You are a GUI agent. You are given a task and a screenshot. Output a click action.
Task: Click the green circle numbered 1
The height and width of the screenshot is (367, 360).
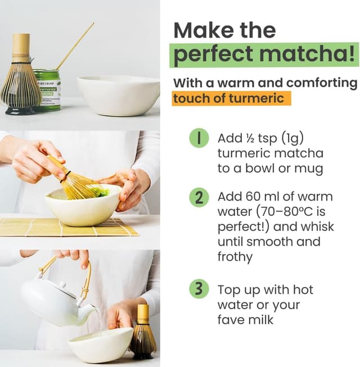point(199,138)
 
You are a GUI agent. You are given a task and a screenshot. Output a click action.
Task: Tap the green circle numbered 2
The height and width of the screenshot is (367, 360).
point(199,197)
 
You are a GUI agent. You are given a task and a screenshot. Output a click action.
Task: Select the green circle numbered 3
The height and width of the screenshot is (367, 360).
point(199,288)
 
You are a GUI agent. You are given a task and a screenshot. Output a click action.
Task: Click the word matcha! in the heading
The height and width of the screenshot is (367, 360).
point(307,55)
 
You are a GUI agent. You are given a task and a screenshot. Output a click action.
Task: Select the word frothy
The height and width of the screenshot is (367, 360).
point(235,257)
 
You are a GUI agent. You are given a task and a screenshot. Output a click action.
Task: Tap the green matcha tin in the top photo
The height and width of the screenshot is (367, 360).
point(48,90)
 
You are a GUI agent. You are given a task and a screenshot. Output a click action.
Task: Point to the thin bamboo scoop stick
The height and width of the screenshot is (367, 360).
point(75,46)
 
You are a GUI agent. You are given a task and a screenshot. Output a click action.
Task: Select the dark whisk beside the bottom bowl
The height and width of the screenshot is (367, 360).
point(143,333)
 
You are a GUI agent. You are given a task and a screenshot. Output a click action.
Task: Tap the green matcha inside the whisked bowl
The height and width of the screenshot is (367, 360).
point(103,192)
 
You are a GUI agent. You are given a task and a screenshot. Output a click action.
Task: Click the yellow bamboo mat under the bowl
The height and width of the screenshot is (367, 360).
point(68,227)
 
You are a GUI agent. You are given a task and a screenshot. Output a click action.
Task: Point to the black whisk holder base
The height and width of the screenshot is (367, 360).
point(21,111)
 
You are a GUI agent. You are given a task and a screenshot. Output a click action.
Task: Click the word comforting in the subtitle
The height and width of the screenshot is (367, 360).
point(322,83)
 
